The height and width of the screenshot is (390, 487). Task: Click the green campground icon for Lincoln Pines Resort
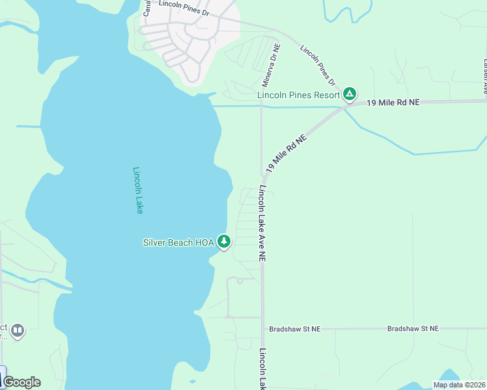pos(350,95)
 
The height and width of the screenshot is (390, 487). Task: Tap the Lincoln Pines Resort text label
pos(299,95)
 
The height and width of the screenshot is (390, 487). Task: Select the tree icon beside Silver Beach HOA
pos(224,242)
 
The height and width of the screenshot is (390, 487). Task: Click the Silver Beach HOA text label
pos(178,242)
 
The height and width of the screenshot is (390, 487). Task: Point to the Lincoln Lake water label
pos(137,190)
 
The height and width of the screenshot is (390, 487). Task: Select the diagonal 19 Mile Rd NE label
pos(285,154)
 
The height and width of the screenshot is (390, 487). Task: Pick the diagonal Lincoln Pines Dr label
pos(317,66)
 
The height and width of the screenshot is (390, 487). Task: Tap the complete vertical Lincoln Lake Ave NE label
pos(262,224)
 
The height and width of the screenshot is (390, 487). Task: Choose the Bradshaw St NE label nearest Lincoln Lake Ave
pos(299,329)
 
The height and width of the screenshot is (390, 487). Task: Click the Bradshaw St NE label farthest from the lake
pos(413,329)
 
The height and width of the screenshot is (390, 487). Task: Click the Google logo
pos(21,382)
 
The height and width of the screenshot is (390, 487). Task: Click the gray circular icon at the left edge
pos(18,331)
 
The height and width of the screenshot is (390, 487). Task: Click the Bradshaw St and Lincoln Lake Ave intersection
pos(262,329)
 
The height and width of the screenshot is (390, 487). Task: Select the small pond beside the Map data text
pos(450,375)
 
